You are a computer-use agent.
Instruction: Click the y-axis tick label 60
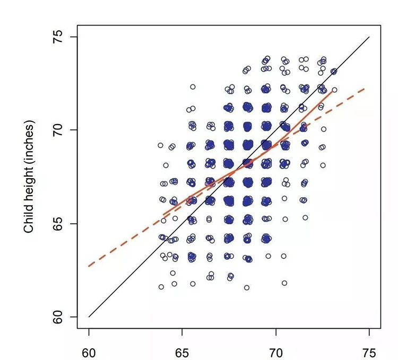coord(60,317)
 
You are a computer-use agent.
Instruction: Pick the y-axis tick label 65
coord(60,223)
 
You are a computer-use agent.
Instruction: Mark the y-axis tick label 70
coord(60,130)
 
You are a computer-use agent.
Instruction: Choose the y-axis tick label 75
coord(60,37)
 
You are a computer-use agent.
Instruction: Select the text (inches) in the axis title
coord(30,141)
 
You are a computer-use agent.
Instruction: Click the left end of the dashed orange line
coord(89,266)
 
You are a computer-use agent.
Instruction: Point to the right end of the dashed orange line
coord(365,89)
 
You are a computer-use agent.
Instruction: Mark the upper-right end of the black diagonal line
coord(369,37)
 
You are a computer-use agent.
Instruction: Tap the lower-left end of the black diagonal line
coord(89,317)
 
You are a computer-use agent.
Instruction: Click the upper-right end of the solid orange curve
coord(333,91)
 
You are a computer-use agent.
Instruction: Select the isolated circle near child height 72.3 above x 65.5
coord(193,86)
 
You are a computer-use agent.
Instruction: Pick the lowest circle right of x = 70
coord(284,283)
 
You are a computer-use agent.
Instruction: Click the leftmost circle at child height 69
coord(160,145)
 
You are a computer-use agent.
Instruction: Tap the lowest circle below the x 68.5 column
coord(247,287)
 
